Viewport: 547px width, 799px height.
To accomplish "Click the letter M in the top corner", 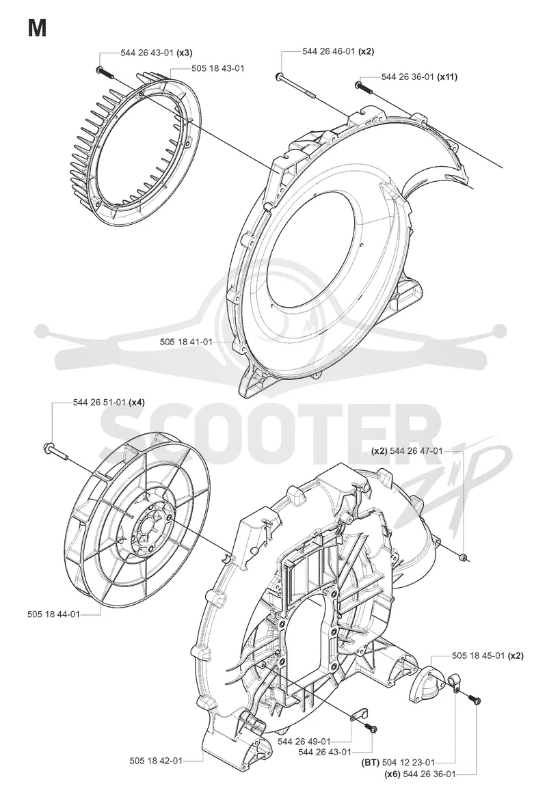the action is click(x=37, y=29).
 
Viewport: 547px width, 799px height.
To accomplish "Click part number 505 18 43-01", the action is click(x=217, y=68).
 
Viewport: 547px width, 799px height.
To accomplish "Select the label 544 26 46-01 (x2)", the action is click(x=338, y=51).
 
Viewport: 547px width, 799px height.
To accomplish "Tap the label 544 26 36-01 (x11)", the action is click(x=419, y=77).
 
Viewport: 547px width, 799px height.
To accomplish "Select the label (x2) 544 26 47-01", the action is click(x=407, y=450).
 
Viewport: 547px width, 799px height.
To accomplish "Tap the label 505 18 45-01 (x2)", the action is click(x=488, y=655).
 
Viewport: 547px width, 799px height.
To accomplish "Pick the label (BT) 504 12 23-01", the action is click(x=398, y=762).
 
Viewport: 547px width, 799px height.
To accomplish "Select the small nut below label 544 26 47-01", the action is click(x=463, y=557).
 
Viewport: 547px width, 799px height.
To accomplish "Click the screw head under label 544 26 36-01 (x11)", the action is click(x=359, y=85).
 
